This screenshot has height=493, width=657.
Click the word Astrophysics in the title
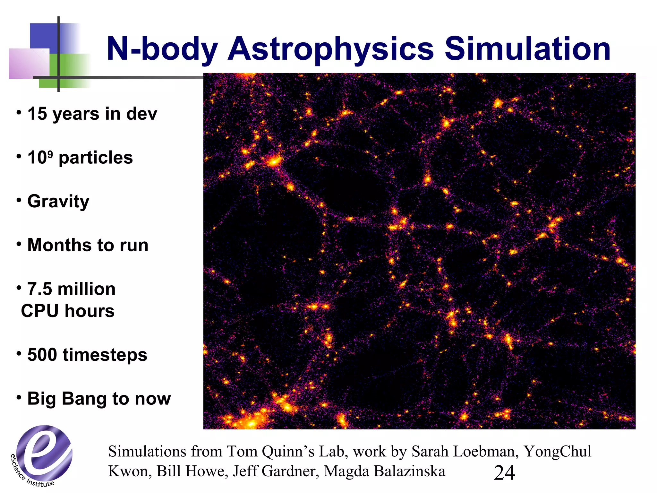point(330,49)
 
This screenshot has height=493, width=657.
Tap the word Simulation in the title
point(527,49)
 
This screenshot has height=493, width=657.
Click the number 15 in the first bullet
point(37,114)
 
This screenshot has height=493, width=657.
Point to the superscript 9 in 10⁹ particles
point(50,154)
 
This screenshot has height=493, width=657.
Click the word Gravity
point(58,202)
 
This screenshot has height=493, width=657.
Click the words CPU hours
point(68,311)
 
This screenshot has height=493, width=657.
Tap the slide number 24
point(504,473)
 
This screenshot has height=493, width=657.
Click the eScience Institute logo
point(43,454)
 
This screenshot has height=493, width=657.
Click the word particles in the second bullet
point(96,158)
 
